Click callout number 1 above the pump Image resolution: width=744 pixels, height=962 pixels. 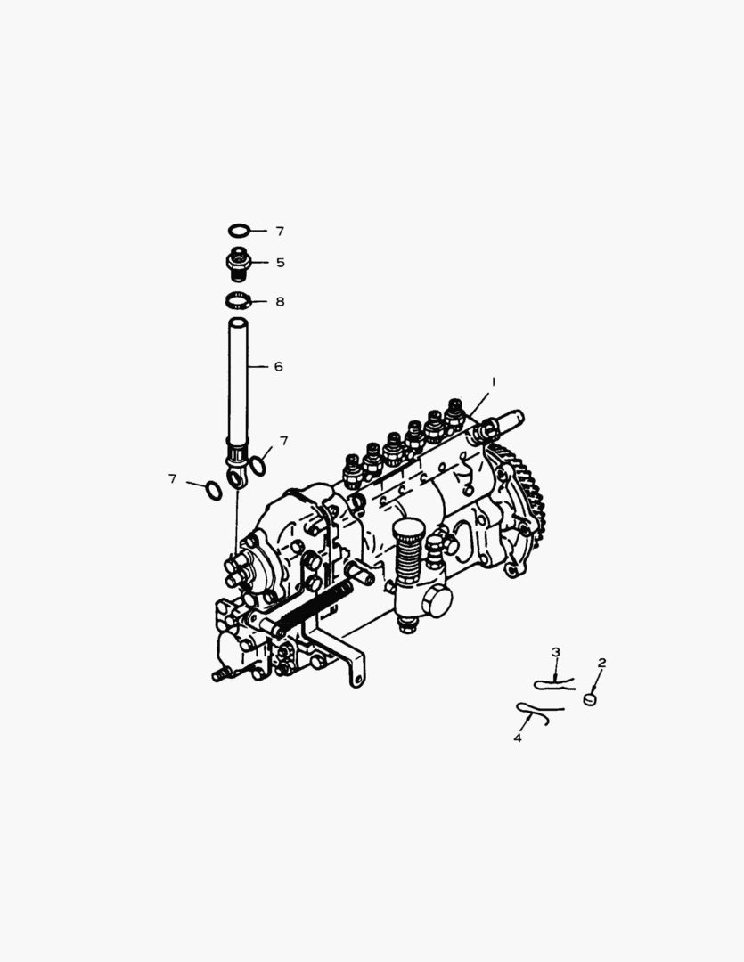(493, 380)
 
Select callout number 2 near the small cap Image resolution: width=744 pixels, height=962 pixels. (601, 663)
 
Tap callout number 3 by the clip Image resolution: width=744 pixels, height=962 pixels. (555, 652)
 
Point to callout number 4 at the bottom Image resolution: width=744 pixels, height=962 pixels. (517, 738)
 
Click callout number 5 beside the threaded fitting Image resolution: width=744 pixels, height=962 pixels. (279, 263)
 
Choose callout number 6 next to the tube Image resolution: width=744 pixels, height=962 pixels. (278, 366)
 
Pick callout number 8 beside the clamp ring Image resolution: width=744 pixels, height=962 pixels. (279, 302)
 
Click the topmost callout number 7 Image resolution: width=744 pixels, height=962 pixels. (279, 231)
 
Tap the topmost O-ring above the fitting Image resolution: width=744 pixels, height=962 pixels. (237, 231)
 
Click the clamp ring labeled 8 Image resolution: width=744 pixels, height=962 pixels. (237, 301)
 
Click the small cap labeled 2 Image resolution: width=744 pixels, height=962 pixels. (590, 700)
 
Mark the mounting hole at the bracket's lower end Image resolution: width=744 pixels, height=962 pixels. (356, 681)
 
